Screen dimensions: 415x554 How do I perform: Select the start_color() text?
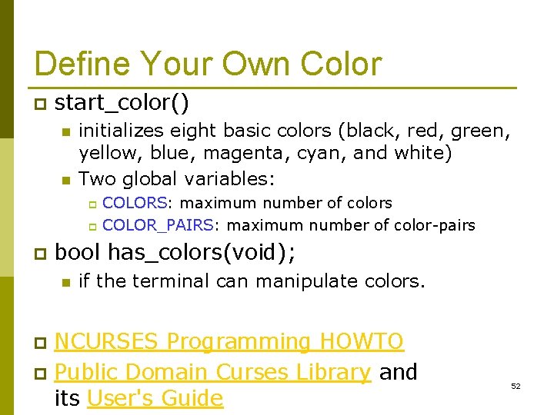(x=122, y=102)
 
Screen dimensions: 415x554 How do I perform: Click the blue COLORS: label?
(x=137, y=203)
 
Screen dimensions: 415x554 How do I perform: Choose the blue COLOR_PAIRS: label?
(x=162, y=225)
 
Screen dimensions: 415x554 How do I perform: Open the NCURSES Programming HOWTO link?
(x=229, y=341)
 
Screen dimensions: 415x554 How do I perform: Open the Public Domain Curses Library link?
(x=213, y=372)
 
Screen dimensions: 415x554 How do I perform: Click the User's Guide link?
(x=155, y=398)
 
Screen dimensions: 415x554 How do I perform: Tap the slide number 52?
(x=516, y=386)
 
